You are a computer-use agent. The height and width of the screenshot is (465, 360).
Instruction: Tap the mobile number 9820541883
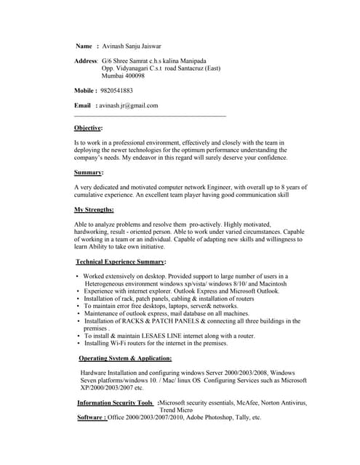(x=116, y=91)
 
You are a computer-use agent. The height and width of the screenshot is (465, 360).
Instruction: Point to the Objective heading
(x=88, y=128)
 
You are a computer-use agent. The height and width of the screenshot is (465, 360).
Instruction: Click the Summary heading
(x=88, y=172)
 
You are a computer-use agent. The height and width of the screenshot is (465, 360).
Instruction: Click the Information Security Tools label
(x=115, y=403)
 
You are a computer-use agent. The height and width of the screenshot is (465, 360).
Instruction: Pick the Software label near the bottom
(x=92, y=418)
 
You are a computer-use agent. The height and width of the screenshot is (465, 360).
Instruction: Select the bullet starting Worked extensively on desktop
(x=185, y=276)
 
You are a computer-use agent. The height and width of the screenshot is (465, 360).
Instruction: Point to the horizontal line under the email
(x=150, y=116)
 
